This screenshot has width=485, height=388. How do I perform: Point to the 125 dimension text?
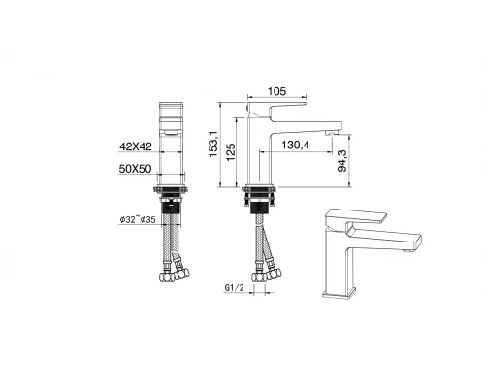pyautogui.click(x=230, y=151)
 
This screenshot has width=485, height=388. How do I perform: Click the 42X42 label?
pyautogui.click(x=137, y=145)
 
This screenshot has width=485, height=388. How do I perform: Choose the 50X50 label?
pyautogui.click(x=137, y=169)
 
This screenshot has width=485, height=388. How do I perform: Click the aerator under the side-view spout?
pyautogui.click(x=337, y=130)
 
